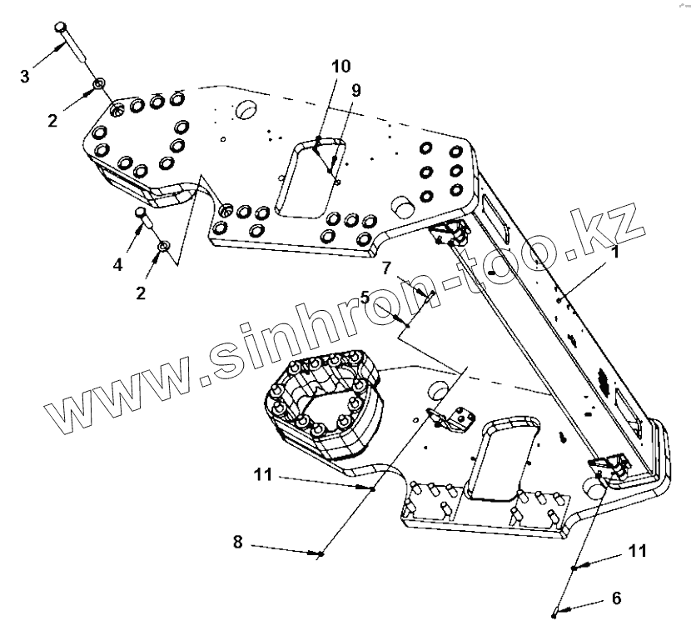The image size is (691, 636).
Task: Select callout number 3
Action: click(25, 77)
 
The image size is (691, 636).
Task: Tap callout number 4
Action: click(118, 264)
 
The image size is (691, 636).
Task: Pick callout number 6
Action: click(616, 598)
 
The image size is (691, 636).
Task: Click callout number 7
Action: click(386, 268)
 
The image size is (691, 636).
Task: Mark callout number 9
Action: click(355, 90)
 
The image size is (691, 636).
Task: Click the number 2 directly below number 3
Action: click(52, 120)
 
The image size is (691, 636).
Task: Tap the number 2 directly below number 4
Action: click(140, 293)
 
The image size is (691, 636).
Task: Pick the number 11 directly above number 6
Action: click(638, 551)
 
